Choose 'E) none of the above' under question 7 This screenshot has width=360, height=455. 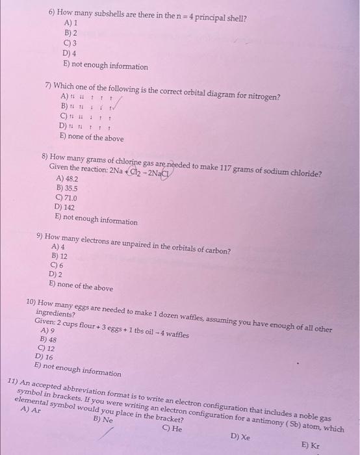(91, 138)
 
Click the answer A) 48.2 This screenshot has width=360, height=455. (68, 177)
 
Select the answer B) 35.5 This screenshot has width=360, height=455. (66, 188)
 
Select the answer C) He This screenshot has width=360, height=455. (172, 429)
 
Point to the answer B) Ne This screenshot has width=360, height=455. (103, 421)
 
